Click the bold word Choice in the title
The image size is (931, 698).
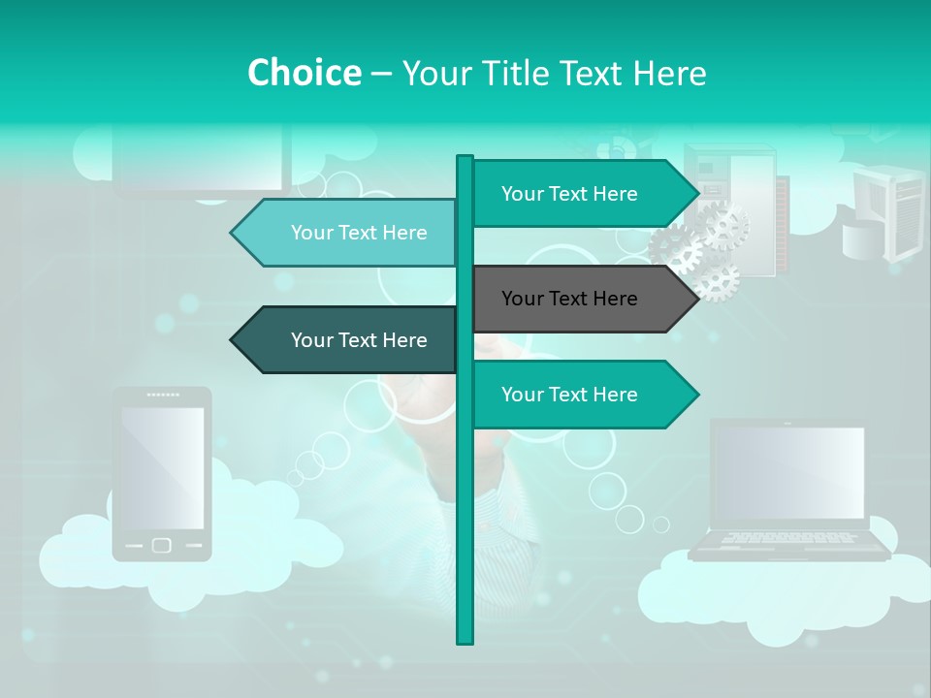pos(304,73)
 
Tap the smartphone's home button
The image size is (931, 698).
pos(162,545)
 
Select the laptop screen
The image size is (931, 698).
pos(787,473)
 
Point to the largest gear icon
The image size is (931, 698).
pos(723,226)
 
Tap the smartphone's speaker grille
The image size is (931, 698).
pos(162,396)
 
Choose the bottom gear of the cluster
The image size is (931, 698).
pos(717,280)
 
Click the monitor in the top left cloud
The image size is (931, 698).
pos(202,160)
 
